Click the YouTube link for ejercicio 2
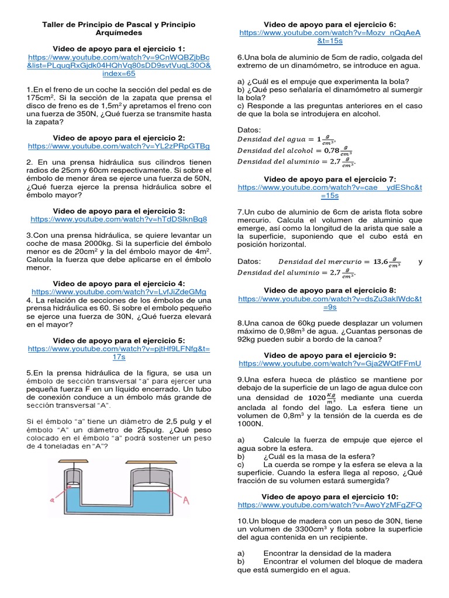point(119,146)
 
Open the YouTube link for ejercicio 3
point(119,219)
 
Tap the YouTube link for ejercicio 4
point(119,291)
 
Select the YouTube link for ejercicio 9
point(330,363)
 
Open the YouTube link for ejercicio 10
point(330,505)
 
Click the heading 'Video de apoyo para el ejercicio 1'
point(119,48)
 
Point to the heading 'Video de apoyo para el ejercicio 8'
point(330,290)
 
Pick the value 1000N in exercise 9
point(251,424)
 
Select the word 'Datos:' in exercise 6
point(250,129)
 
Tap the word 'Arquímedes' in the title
point(119,33)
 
